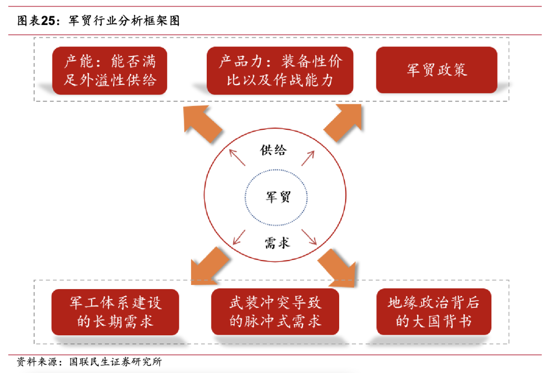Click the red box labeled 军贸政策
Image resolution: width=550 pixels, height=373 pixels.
[x=437, y=70]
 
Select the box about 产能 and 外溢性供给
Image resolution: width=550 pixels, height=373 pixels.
[x=110, y=70]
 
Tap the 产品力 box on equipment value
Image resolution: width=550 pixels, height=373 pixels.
[x=280, y=70]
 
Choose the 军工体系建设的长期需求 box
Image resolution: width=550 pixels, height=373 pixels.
[x=115, y=312]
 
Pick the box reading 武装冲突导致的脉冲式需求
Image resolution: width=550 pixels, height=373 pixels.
[x=276, y=311]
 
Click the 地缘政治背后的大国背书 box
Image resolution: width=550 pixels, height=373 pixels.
[x=434, y=311]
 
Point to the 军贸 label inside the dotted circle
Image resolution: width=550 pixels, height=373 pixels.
[x=278, y=196]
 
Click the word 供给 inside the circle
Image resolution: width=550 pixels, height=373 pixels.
[x=273, y=150]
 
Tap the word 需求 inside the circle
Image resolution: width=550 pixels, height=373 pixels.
[x=277, y=243]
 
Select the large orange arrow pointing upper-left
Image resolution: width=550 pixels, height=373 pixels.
[x=203, y=123]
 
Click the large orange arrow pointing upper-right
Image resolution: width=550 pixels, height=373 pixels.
[x=343, y=123]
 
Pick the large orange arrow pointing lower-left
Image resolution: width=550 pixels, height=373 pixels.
[x=210, y=266]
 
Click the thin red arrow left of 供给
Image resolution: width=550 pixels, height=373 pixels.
[x=237, y=157]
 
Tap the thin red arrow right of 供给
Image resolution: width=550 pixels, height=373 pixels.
[x=308, y=158]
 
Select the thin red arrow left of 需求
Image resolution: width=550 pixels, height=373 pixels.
[x=239, y=237]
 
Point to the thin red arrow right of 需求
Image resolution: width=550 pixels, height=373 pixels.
[x=309, y=237]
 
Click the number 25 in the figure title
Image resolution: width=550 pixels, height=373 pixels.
[x=48, y=21]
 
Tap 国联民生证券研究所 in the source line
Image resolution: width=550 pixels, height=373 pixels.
[x=116, y=362]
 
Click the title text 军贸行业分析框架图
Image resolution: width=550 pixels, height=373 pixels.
[x=124, y=21]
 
